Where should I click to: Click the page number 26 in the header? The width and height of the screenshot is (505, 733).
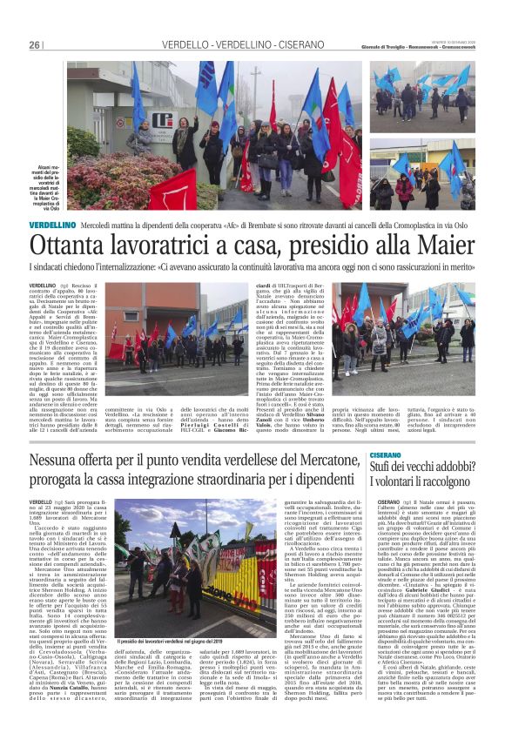pos(35,45)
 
